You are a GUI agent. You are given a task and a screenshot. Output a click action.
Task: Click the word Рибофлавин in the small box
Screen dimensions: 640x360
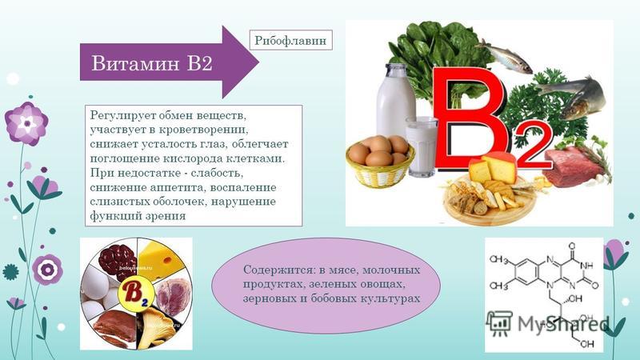click(x=290, y=41)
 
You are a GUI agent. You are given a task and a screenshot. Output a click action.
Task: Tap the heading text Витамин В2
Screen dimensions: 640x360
click(x=152, y=63)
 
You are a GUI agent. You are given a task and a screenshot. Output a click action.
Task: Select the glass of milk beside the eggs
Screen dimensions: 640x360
click(x=422, y=147)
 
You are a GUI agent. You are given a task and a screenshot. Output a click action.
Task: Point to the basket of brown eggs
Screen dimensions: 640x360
click(x=379, y=162)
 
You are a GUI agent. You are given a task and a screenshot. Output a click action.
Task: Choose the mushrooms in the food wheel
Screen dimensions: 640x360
click(x=157, y=326)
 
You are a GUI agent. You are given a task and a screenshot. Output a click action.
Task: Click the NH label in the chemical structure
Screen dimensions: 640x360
click(x=586, y=266)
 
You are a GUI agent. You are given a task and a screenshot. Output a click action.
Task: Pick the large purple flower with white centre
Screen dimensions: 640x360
click(x=26, y=123)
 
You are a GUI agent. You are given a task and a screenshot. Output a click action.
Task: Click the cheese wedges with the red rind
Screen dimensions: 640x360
click(x=493, y=167)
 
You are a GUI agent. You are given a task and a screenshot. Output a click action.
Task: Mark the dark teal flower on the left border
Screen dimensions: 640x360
click(x=10, y=272)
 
